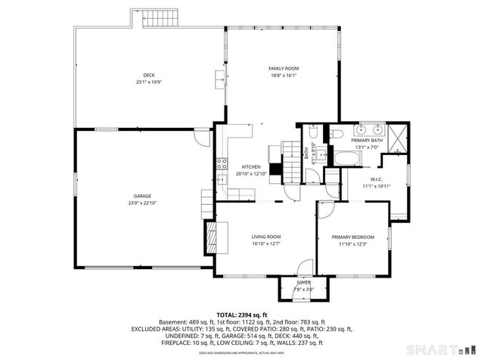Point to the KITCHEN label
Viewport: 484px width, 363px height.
[251, 166]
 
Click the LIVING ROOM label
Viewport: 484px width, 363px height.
[266, 237]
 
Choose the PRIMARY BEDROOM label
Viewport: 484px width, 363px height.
[352, 237]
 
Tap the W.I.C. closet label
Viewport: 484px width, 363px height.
[375, 178]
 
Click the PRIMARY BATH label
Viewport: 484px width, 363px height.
[366, 140]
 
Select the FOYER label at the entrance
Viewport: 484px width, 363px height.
[303, 282]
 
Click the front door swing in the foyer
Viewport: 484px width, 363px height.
[303, 268]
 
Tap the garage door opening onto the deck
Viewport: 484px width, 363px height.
[200, 137]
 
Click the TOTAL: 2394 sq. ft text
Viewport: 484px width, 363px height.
[241, 315]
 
